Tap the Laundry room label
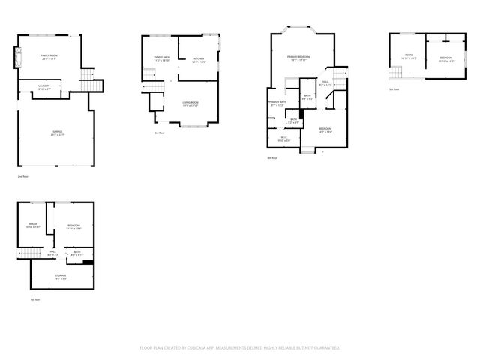(44, 87)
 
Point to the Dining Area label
(161, 58)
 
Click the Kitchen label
(199, 59)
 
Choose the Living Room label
(190, 103)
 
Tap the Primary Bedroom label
(298, 58)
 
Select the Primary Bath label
(277, 103)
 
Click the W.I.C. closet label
(284, 137)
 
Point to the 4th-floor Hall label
(325, 83)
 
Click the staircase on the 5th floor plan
(395, 73)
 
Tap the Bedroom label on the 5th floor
(445, 58)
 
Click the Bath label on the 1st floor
(76, 253)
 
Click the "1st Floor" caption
(34, 299)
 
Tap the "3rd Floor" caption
(160, 133)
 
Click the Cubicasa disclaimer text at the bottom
(240, 347)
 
